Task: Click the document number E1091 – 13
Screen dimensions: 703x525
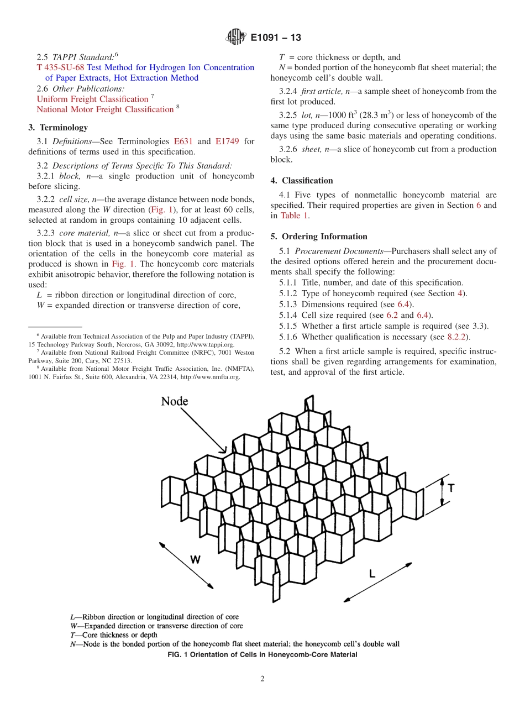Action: tap(275, 38)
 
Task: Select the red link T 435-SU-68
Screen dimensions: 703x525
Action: tap(60, 67)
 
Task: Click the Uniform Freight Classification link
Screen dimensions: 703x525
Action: tap(92, 99)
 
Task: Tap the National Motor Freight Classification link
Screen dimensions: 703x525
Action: tap(105, 109)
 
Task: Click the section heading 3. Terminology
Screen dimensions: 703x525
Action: tap(58, 127)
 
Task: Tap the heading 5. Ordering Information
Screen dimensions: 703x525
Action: tap(319, 237)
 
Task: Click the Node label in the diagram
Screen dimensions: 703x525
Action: tap(175, 402)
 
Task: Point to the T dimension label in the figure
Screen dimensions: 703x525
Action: tap(451, 488)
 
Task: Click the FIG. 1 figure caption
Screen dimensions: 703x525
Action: tap(262, 655)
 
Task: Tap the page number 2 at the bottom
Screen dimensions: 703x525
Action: tap(262, 679)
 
